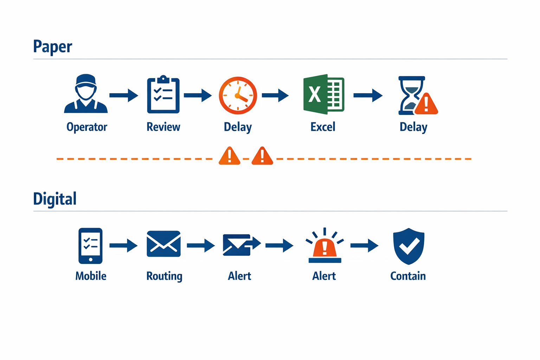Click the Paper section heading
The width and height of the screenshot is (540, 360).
pyautogui.click(x=52, y=47)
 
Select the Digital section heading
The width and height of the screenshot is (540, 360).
pyautogui.click(x=54, y=199)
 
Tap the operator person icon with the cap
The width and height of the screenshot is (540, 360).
pyautogui.click(x=86, y=94)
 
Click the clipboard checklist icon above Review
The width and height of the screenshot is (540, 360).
pyautogui.click(x=163, y=95)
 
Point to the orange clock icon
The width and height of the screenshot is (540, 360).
pyautogui.click(x=238, y=95)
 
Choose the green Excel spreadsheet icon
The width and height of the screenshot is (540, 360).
pyautogui.click(x=323, y=94)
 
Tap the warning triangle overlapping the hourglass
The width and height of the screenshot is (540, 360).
pyautogui.click(x=426, y=104)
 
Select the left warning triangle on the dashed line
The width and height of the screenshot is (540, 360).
pyautogui.click(x=230, y=156)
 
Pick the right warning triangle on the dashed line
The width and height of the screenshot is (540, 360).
pyautogui.click(x=262, y=156)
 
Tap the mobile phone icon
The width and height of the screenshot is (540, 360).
pyautogui.click(x=90, y=246)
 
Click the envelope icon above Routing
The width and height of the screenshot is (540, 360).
pyautogui.click(x=163, y=244)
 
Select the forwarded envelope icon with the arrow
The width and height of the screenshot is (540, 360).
pyautogui.click(x=241, y=245)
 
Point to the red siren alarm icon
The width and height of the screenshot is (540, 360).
pyautogui.click(x=324, y=246)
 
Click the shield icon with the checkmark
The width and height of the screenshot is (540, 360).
pyautogui.click(x=409, y=246)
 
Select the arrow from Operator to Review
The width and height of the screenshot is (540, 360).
pyautogui.click(x=124, y=95)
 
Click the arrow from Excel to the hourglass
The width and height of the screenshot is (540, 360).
pyautogui.click(x=368, y=95)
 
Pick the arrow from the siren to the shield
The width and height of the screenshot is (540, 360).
pyautogui.click(x=364, y=245)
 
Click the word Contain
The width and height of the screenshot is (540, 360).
pyautogui.click(x=408, y=276)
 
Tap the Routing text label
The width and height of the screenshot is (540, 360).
pyautogui.click(x=164, y=276)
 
